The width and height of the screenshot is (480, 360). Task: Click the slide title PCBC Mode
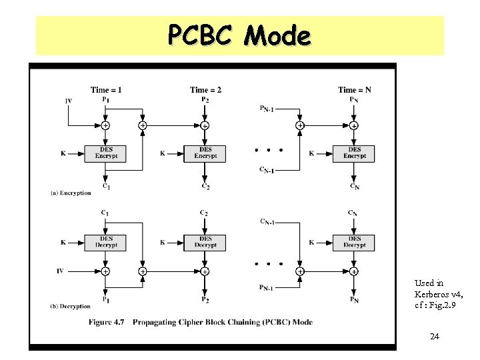[x=239, y=35]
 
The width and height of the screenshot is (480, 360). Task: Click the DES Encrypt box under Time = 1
[x=105, y=153]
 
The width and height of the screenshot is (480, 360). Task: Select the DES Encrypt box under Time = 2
[x=205, y=153]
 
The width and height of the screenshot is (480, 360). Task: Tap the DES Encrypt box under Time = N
[x=354, y=153]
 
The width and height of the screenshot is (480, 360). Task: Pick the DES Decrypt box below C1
[x=105, y=242]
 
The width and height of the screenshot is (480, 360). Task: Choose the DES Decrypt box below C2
[x=205, y=242]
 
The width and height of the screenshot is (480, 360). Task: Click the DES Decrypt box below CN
[x=354, y=242]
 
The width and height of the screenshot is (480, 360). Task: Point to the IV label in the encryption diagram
[x=68, y=101]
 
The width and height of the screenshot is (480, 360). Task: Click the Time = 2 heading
[x=205, y=90]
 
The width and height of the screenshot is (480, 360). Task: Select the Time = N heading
[x=354, y=90]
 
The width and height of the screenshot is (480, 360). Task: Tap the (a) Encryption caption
[x=71, y=193]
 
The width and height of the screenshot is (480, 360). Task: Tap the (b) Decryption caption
[x=71, y=306]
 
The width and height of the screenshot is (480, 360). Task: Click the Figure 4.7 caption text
[x=200, y=322]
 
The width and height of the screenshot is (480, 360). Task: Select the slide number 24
[x=434, y=337]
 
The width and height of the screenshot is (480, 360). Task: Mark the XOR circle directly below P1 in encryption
[x=105, y=125]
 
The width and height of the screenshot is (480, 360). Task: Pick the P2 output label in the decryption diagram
[x=205, y=299]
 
